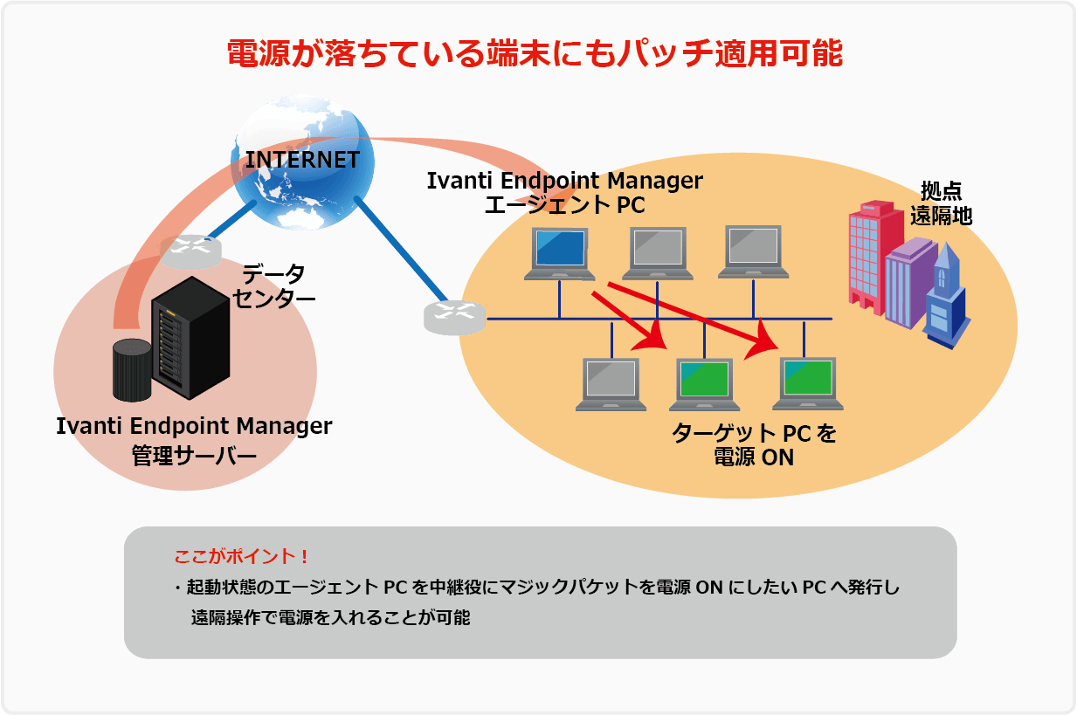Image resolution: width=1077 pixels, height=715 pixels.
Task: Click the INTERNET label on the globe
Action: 302,160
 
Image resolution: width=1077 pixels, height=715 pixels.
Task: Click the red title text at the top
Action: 535,54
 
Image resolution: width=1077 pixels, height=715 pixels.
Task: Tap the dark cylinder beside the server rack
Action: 132,370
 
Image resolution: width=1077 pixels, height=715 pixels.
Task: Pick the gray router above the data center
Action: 190,252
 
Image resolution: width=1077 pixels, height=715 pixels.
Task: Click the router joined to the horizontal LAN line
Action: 454,318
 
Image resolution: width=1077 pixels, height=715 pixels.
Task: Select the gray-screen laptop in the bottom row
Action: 611,384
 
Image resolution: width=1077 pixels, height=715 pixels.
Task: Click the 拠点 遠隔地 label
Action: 941,203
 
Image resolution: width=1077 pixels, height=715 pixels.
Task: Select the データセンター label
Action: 273,286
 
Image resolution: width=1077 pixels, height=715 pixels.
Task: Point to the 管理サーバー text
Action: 194,456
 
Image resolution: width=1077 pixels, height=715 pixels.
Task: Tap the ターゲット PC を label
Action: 753,434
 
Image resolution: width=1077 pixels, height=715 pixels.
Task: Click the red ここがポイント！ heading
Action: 242,556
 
